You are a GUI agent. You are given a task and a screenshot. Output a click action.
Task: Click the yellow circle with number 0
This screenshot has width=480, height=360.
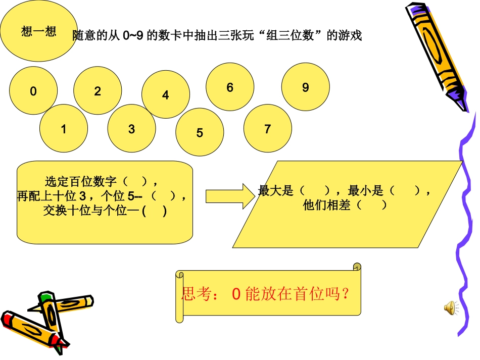(x=33, y=91)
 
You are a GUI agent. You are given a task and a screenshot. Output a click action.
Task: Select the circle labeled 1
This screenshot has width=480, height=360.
(x=64, y=129)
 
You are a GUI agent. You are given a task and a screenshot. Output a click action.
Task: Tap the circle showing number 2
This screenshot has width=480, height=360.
(x=98, y=91)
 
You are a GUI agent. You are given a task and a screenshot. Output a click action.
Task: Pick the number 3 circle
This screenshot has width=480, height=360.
(x=131, y=129)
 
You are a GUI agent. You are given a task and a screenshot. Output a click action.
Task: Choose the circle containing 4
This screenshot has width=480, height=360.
(x=165, y=94)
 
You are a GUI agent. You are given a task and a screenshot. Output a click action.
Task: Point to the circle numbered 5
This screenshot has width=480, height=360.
(x=200, y=133)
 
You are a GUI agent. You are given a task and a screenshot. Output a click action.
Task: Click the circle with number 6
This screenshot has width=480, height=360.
(x=230, y=87)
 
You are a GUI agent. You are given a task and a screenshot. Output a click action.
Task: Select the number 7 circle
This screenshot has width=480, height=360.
(x=267, y=129)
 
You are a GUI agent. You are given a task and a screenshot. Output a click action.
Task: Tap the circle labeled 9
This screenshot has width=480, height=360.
(x=305, y=87)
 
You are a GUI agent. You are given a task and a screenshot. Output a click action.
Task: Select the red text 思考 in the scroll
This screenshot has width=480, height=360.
(x=194, y=294)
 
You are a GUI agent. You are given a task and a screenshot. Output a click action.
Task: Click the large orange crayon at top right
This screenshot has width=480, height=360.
(x=438, y=56)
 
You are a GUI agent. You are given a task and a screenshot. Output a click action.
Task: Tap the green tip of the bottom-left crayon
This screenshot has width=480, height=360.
(x=46, y=296)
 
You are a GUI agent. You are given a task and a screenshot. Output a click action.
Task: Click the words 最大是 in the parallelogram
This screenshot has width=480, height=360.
(x=275, y=191)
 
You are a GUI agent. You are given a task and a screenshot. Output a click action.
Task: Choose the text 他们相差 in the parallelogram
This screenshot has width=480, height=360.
(x=326, y=205)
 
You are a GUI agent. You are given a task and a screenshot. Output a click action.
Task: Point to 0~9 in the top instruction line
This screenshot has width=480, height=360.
(x=133, y=36)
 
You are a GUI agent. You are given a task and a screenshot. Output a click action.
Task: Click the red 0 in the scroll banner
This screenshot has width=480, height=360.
(x=235, y=294)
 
